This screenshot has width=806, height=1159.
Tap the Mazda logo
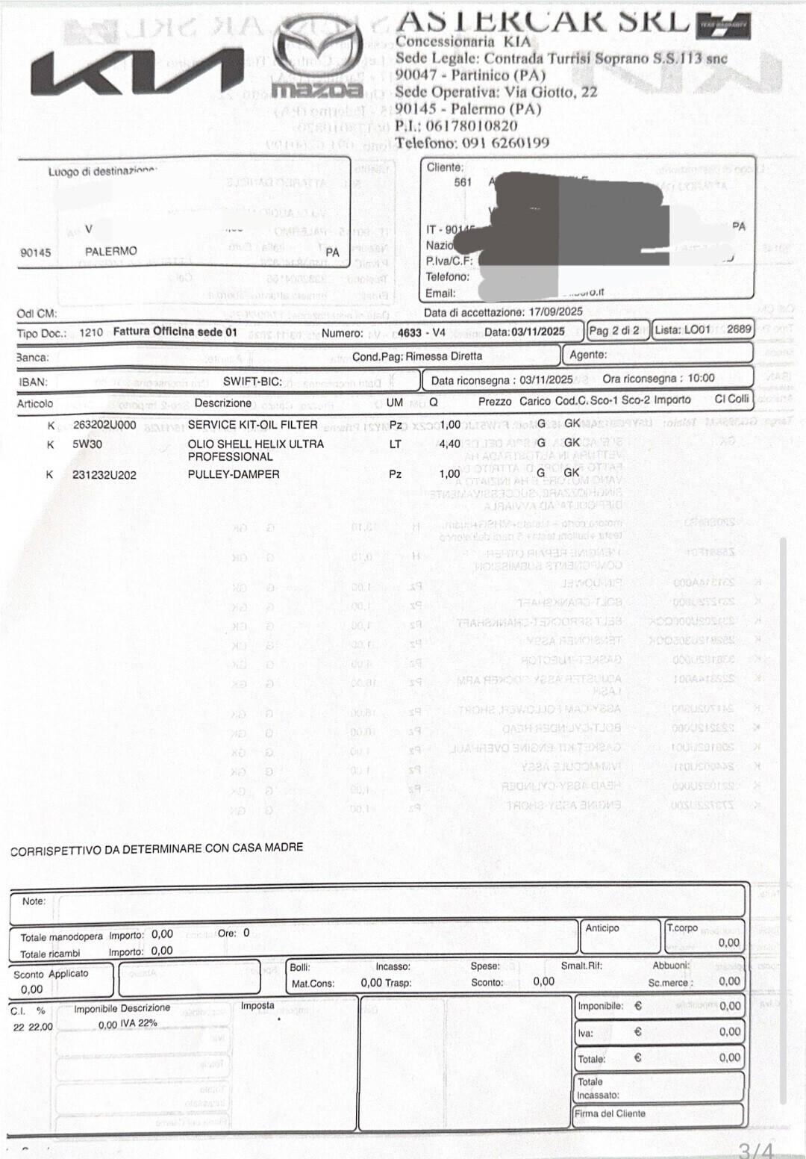pyautogui.click(x=317, y=58)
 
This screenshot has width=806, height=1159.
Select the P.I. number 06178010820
pyautogui.click(x=470, y=125)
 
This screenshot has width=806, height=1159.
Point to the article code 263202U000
pyautogui.click(x=104, y=425)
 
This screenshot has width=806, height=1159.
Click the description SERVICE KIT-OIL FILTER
pyautogui.click(x=252, y=425)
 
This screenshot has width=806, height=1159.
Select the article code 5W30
pyautogui.click(x=87, y=444)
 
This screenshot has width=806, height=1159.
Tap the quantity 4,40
pyautogui.click(x=450, y=444)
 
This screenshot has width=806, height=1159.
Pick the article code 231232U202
pyautogui.click(x=104, y=475)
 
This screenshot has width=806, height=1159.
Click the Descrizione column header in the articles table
pyautogui.click(x=222, y=403)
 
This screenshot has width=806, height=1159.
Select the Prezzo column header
pyautogui.click(x=495, y=402)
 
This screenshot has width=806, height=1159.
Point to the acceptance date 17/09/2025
pyautogui.click(x=555, y=312)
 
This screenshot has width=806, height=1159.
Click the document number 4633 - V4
pyautogui.click(x=421, y=333)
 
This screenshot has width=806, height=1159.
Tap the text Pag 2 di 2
pyautogui.click(x=614, y=331)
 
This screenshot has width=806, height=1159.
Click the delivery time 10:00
pyautogui.click(x=701, y=379)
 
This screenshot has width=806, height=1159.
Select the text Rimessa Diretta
pyautogui.click(x=444, y=357)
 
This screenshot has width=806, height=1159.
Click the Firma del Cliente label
pyautogui.click(x=610, y=1113)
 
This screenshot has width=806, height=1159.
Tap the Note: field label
pyautogui.click(x=34, y=901)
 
